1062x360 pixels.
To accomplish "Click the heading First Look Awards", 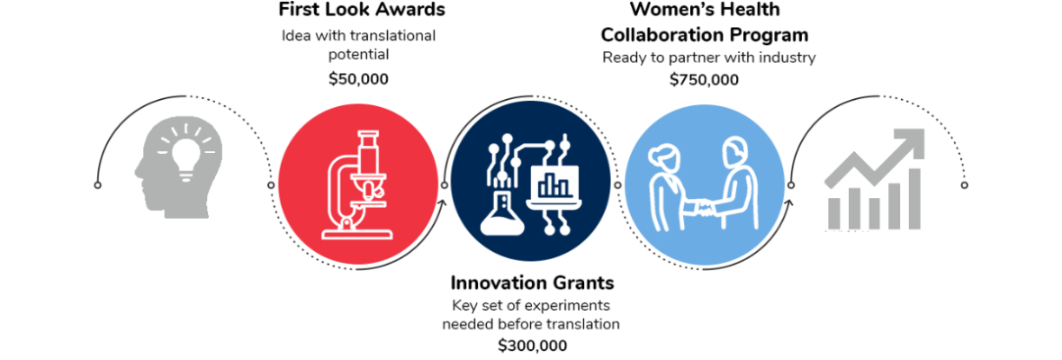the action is click(x=363, y=10).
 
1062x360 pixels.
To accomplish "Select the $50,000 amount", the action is click(x=358, y=78).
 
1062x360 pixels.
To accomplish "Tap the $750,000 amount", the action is click(x=705, y=80).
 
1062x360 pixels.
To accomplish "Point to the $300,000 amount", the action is click(x=533, y=345).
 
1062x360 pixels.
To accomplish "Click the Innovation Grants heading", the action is click(x=532, y=281).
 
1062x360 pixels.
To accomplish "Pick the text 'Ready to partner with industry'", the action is click(x=709, y=58).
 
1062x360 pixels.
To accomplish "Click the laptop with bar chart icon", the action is click(x=556, y=185).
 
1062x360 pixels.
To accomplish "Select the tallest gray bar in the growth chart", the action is click(x=914, y=198).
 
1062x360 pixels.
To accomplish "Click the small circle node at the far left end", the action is click(x=98, y=184).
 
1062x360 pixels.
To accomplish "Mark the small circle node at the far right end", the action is click(x=965, y=184).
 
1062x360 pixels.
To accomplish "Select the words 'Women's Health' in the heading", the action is click(x=705, y=10).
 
